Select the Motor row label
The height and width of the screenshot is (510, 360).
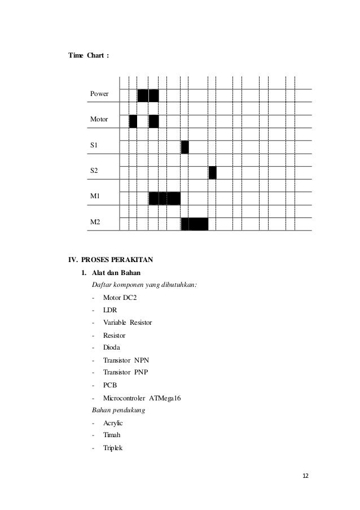[x=100, y=120]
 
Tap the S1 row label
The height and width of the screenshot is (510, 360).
[x=94, y=146]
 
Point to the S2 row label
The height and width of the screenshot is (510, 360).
[x=94, y=171]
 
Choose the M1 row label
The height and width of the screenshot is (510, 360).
[x=95, y=197]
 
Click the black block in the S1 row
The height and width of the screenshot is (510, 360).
[x=185, y=147]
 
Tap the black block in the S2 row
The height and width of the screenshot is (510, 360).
[x=212, y=173]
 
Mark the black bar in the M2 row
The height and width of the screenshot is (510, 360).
[x=195, y=224]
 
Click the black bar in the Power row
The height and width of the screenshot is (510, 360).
[x=148, y=95]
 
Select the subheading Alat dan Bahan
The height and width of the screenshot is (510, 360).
[x=112, y=274]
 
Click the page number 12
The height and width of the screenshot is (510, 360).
[x=306, y=476]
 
